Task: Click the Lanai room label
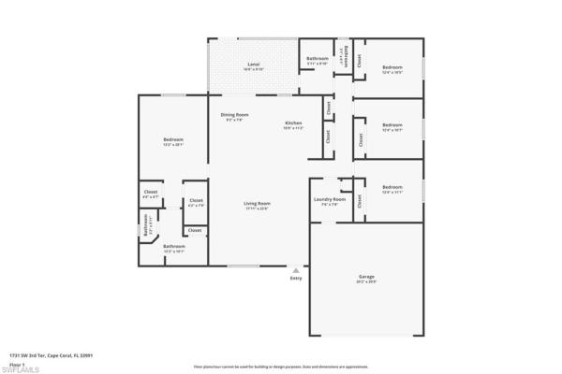click(254, 65)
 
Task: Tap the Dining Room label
click(235, 115)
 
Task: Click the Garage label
click(366, 277)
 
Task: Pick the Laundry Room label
click(329, 198)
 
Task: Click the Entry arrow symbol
click(296, 269)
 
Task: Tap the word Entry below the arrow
click(296, 278)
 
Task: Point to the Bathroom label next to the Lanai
click(318, 59)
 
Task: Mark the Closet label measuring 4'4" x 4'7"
click(150, 195)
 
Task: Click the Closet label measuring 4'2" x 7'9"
click(196, 203)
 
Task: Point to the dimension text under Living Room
click(258, 209)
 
